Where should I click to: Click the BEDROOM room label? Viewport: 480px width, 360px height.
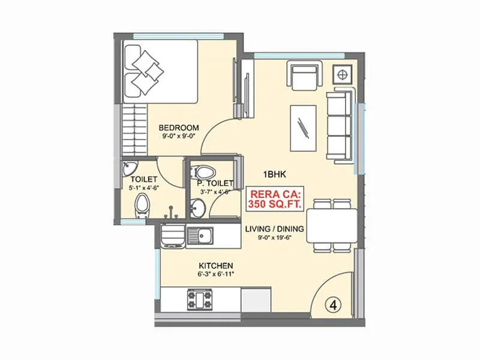click(x=178, y=127)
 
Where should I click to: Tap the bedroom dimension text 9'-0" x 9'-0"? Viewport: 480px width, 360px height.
click(x=178, y=137)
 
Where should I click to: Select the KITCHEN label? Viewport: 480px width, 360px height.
click(x=216, y=266)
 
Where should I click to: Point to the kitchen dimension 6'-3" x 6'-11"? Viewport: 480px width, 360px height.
click(x=216, y=274)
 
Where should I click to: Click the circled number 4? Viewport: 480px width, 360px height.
click(x=334, y=304)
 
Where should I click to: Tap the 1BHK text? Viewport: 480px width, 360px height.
click(x=277, y=175)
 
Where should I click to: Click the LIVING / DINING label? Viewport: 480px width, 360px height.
click(x=275, y=229)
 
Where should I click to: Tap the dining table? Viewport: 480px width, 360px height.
click(x=332, y=224)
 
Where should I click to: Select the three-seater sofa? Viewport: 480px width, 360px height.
click(x=341, y=126)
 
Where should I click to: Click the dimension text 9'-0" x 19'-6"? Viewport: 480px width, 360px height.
click(x=275, y=238)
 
